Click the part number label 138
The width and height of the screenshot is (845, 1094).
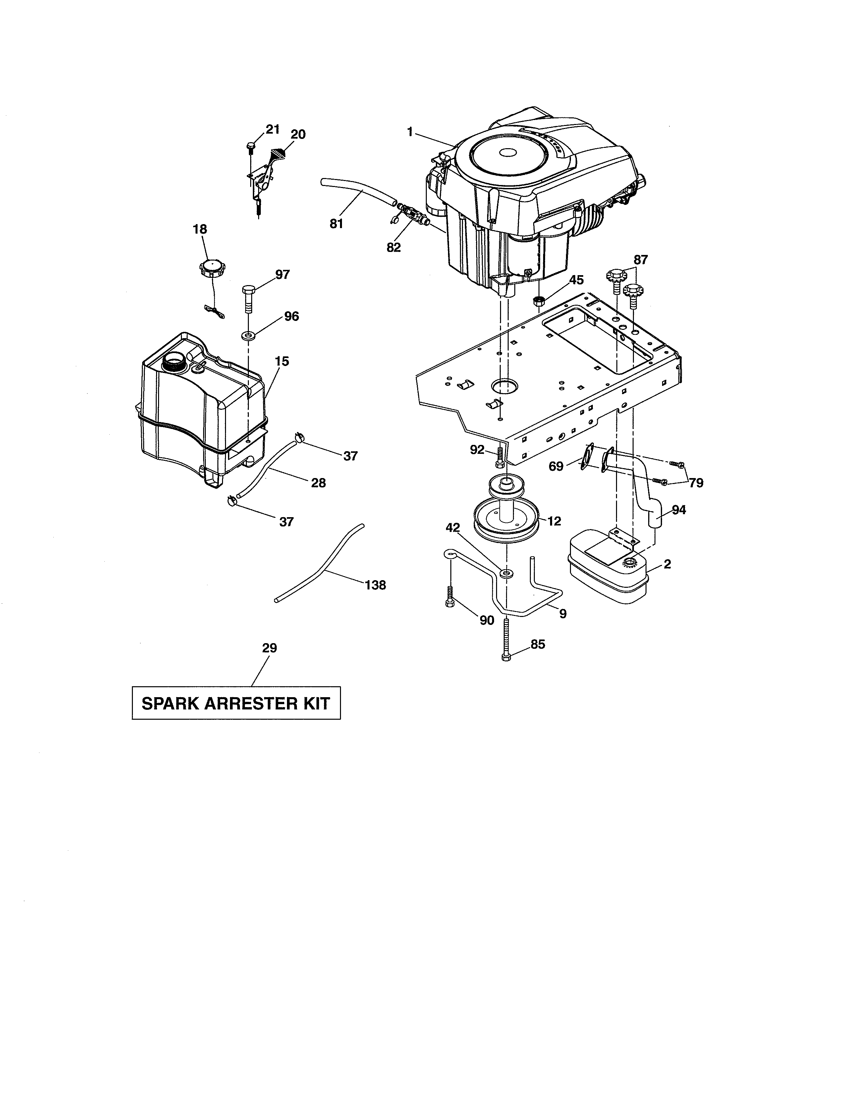point(375,585)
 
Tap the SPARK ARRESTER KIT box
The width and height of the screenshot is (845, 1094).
point(236,703)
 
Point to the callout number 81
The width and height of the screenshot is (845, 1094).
point(336,224)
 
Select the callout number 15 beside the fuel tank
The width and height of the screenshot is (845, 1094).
point(282,361)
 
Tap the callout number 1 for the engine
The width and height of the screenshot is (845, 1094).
point(410,132)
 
